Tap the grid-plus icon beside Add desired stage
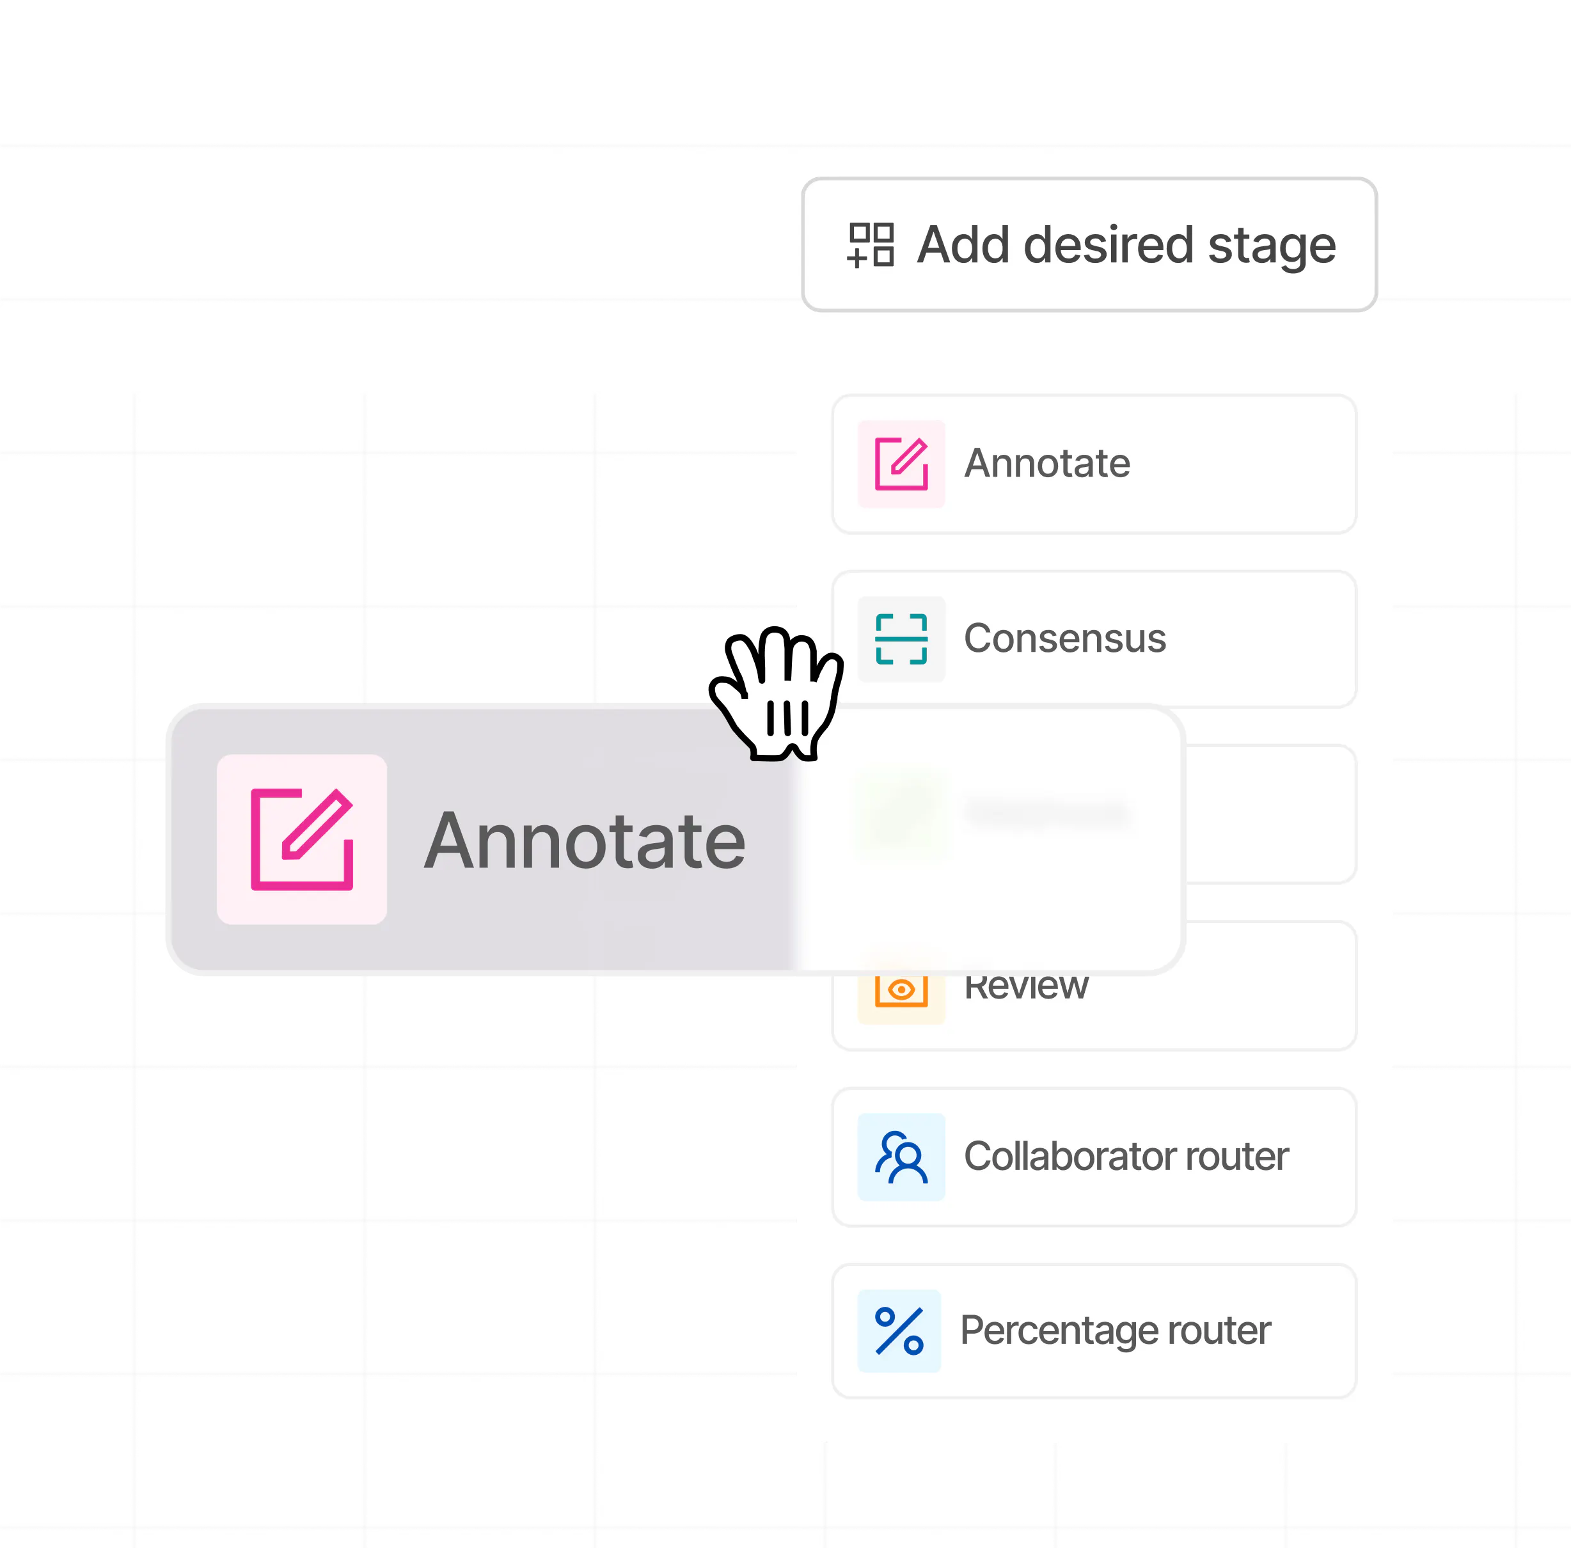point(870,245)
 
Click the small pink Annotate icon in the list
point(901,463)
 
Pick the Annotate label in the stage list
point(1046,463)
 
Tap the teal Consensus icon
point(901,639)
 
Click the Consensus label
point(1064,639)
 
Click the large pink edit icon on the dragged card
point(302,839)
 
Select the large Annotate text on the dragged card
point(585,841)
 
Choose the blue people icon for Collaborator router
point(901,1157)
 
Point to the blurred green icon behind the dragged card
point(901,813)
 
